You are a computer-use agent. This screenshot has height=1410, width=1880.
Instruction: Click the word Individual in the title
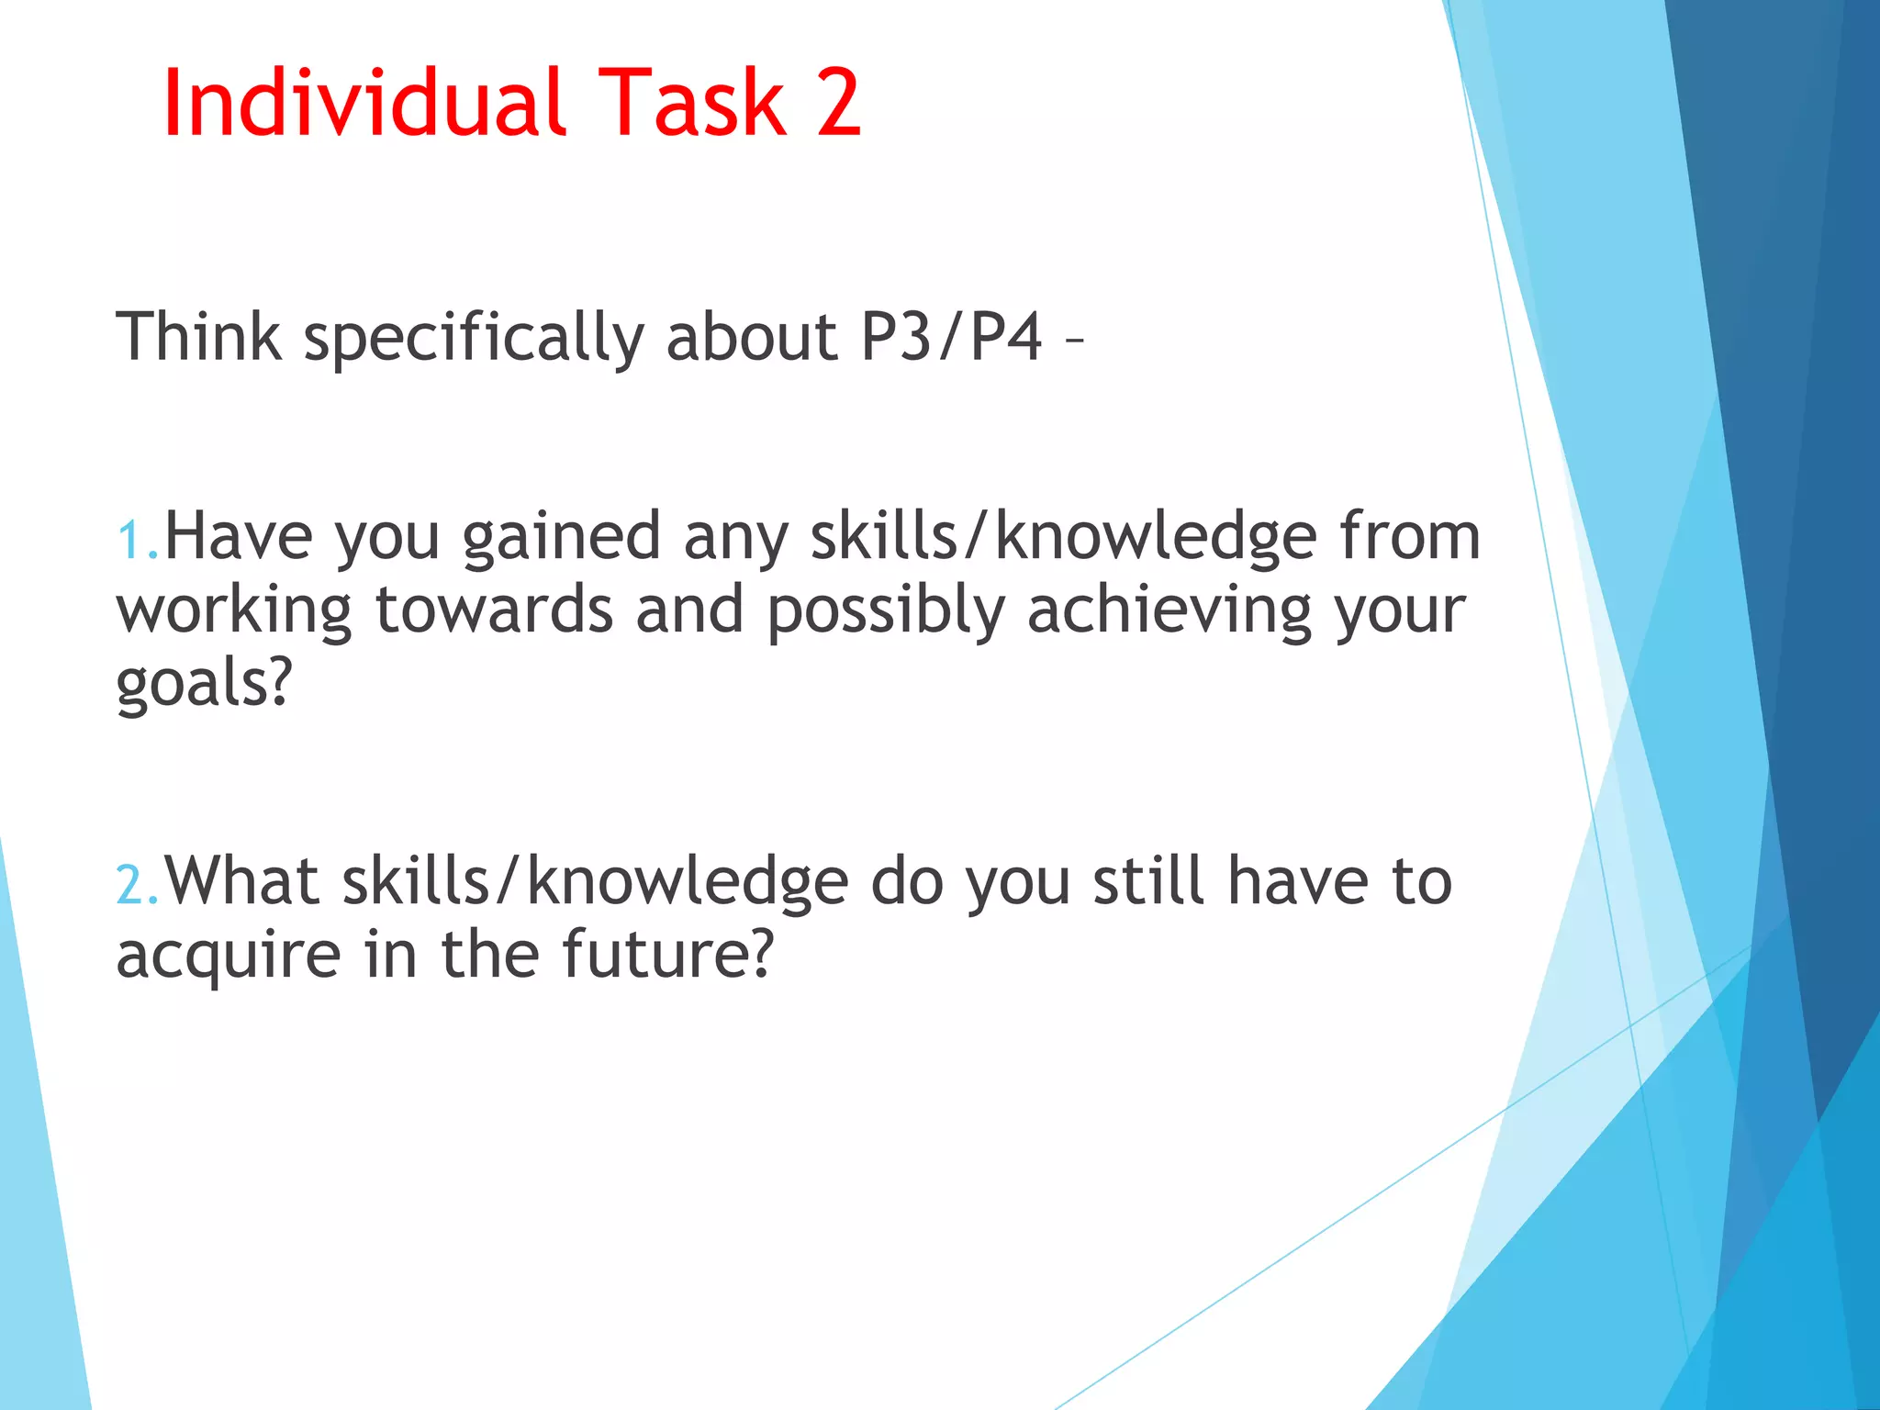(364, 103)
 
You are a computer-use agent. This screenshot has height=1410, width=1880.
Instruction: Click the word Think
(198, 337)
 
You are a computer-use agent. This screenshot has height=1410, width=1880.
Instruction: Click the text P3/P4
(952, 337)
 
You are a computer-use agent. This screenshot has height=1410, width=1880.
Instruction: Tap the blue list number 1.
(133, 541)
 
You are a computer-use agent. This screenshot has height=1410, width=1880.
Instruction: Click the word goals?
(204, 684)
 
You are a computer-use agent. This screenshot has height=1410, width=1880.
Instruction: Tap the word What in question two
(241, 881)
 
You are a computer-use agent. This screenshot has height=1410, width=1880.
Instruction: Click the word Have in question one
(238, 537)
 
